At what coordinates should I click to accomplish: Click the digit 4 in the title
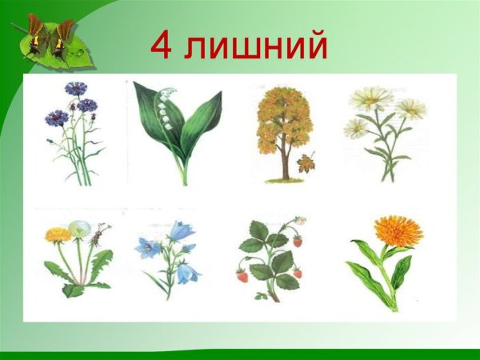161,46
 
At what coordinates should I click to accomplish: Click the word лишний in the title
255,46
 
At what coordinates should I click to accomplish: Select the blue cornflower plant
76,132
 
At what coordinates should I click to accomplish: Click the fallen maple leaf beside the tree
306,163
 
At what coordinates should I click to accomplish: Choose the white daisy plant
382,132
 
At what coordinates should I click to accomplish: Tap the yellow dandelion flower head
58,234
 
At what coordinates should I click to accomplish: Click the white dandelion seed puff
80,229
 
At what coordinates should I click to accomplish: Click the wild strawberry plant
272,256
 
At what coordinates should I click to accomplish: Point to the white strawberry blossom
299,220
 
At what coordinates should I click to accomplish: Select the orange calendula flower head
398,230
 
